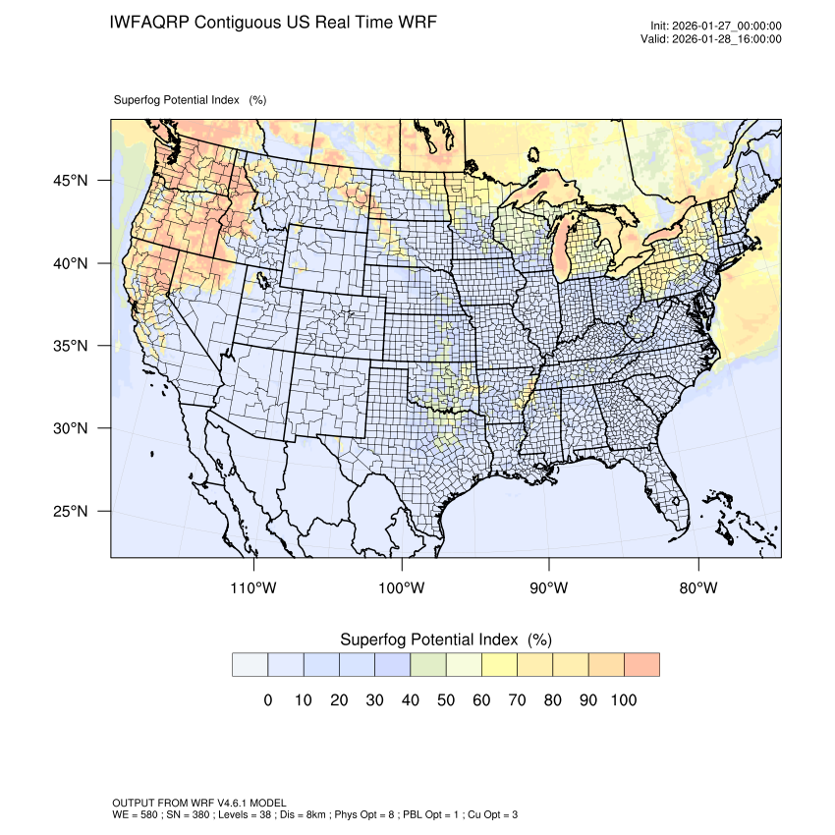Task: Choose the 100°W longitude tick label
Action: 401,588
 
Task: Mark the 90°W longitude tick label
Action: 549,588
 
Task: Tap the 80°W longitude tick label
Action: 697,588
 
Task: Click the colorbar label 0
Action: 267,700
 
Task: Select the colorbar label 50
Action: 446,700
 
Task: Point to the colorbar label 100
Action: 624,700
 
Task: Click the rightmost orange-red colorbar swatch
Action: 641,665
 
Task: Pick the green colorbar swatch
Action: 428,665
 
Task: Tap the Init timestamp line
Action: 716,27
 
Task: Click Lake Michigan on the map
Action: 560,253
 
